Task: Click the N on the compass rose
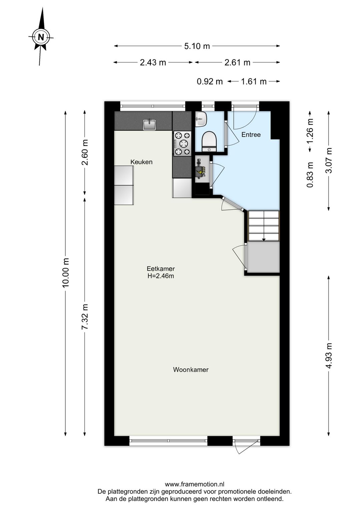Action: click(x=41, y=37)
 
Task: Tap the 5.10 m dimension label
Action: click(x=197, y=46)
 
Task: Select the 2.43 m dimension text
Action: click(x=153, y=62)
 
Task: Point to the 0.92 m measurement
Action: click(x=210, y=81)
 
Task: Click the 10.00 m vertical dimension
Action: click(x=66, y=273)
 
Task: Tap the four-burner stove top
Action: click(x=182, y=143)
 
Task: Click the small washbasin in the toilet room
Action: click(x=201, y=118)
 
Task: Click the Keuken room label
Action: click(x=141, y=162)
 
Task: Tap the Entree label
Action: click(x=251, y=135)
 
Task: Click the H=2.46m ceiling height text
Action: click(x=161, y=276)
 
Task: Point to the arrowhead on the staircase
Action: click(x=264, y=239)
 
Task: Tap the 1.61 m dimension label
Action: click(x=253, y=81)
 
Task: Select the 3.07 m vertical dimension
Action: click(x=329, y=160)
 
